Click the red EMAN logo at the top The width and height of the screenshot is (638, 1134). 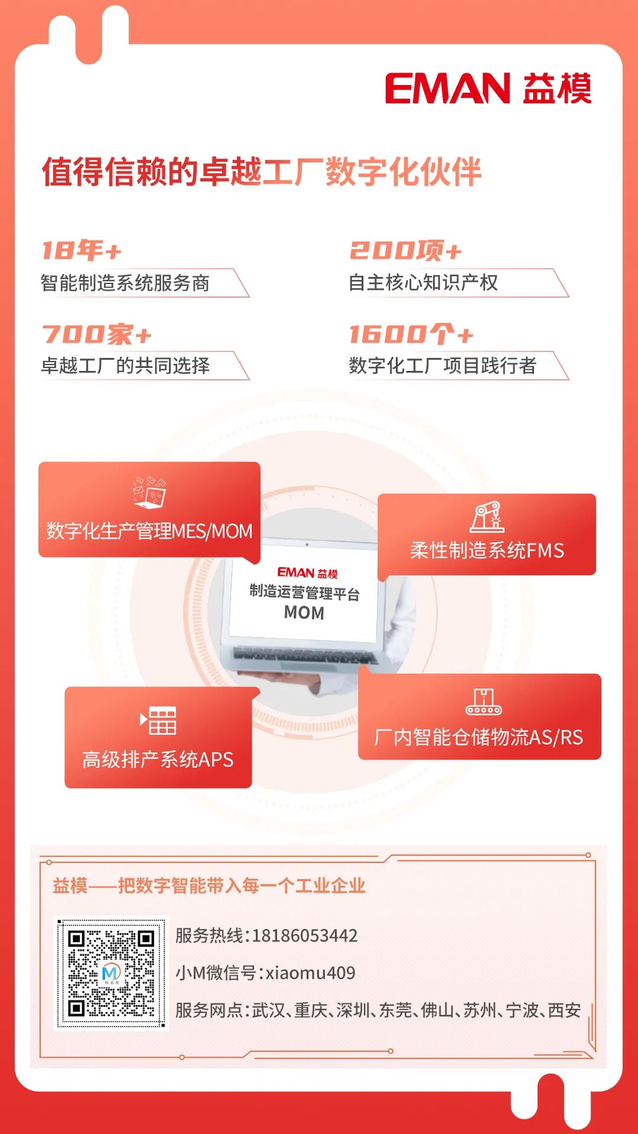point(447,89)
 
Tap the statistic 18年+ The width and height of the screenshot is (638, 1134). point(82,250)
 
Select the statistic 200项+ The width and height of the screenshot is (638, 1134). point(405,250)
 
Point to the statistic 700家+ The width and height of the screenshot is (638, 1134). point(97,334)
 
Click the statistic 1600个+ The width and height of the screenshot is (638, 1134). point(411,334)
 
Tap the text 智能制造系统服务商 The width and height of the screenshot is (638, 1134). point(125,283)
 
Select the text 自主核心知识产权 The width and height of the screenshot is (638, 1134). point(423,283)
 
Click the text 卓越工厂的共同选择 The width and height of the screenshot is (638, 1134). point(125,366)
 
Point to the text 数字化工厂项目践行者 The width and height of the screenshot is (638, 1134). point(442,366)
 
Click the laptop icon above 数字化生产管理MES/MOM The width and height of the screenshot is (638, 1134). point(149,493)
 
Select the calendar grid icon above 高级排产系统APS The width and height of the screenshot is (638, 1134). point(158,720)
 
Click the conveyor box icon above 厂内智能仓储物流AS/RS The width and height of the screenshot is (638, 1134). point(483,702)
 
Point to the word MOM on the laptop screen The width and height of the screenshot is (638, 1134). point(304,613)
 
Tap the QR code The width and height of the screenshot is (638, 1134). point(111,973)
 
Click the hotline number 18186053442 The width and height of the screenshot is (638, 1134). point(305,936)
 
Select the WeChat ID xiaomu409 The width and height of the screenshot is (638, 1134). point(310,973)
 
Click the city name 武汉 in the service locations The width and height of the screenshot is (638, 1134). point(269,1010)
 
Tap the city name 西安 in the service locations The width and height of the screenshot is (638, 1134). point(565,1010)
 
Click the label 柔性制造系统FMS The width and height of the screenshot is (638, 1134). point(487,550)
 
